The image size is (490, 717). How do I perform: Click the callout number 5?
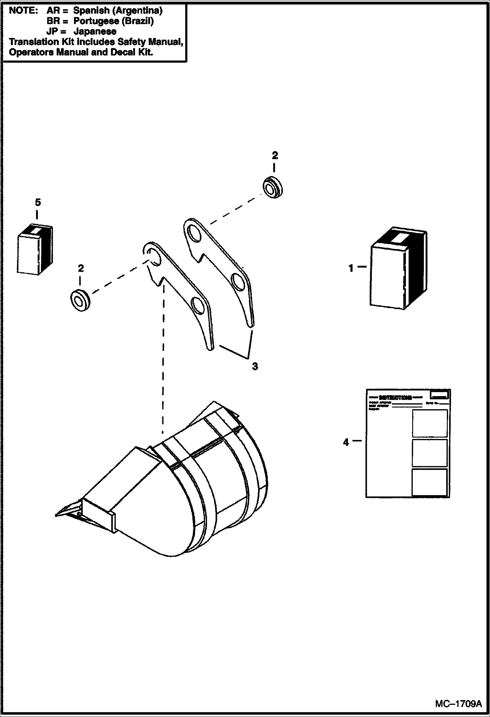point(38,203)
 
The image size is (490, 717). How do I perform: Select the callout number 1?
point(351,269)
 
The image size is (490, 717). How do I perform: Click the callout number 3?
point(255,366)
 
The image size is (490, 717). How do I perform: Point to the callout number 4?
point(346,442)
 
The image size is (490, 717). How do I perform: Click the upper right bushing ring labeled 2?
point(273,188)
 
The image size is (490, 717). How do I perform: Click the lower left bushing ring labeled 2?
point(80,300)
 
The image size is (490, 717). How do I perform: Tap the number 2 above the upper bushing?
point(275,156)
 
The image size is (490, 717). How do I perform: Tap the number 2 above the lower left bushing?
point(81,268)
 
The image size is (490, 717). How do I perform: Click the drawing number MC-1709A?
point(458,703)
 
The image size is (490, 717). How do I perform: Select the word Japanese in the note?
point(95,31)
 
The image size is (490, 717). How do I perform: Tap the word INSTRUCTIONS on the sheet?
point(395,398)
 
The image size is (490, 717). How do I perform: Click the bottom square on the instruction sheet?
point(429,482)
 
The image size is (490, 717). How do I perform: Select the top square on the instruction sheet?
point(429,423)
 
